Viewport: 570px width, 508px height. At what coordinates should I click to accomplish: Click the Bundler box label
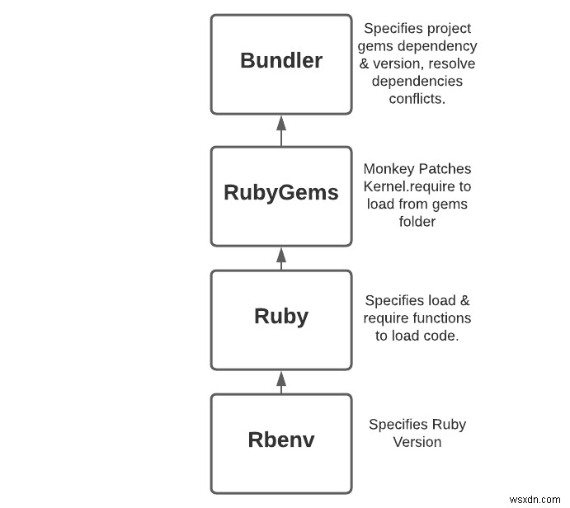point(280,61)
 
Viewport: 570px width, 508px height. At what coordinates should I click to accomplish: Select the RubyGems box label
point(280,193)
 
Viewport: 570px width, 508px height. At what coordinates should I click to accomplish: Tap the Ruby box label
point(280,317)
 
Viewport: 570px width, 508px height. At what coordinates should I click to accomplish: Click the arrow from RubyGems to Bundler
point(280,129)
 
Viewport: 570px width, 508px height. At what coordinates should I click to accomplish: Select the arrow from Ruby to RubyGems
point(280,258)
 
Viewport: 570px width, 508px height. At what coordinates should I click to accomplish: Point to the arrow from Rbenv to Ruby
point(280,381)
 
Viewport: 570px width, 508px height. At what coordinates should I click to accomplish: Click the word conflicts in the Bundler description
point(417,99)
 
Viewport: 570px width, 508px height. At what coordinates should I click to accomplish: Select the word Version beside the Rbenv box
point(417,442)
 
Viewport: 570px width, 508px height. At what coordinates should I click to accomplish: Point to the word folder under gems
point(417,221)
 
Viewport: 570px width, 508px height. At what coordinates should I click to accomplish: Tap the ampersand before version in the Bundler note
point(366,64)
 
